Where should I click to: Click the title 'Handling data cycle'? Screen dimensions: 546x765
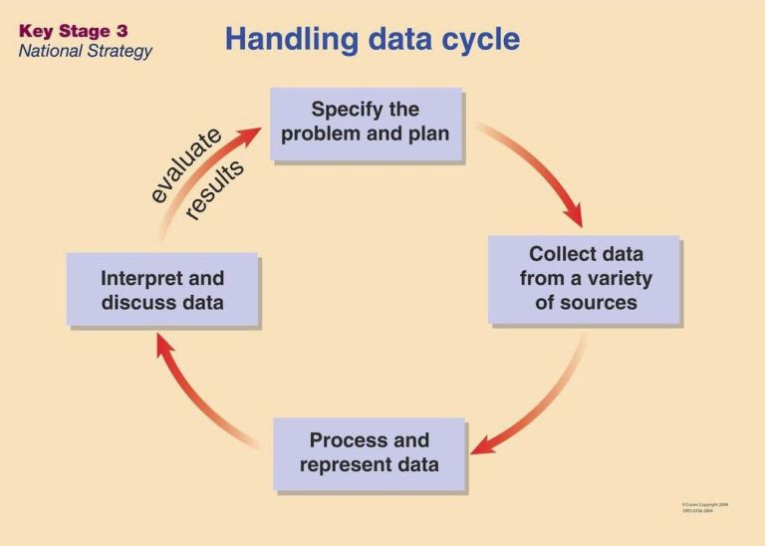click(372, 39)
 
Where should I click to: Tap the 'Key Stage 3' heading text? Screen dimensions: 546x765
click(73, 31)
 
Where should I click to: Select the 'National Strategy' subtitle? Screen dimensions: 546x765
click(85, 51)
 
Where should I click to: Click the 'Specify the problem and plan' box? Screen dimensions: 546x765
click(366, 123)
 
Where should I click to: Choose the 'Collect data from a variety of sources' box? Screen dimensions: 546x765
click(585, 279)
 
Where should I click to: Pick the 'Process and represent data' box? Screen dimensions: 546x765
click(369, 453)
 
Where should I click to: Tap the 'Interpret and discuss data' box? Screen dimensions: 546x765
click(162, 290)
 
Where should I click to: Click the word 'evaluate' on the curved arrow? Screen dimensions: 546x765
click(185, 164)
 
